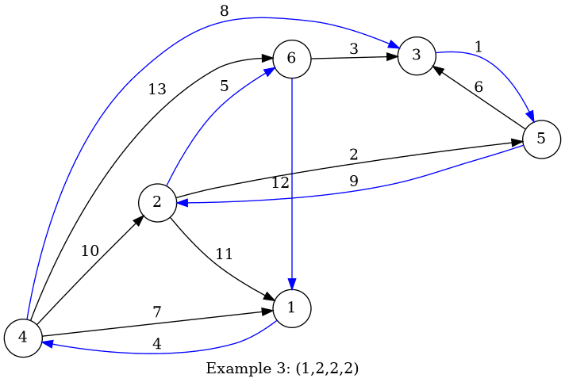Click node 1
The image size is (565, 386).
point(292,308)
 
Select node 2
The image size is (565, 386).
point(157,202)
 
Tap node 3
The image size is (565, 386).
point(416,55)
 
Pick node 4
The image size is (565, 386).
point(23,338)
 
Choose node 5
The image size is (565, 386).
point(541,139)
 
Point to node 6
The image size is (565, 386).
point(291,58)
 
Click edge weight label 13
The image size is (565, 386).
point(157,90)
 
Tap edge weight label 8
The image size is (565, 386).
point(224,11)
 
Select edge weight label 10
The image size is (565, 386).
point(90,251)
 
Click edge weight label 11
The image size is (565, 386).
point(224,254)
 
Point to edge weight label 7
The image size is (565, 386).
point(156,312)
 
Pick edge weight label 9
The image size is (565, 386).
point(354,181)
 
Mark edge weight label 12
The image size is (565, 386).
point(280,182)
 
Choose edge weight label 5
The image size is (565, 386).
point(224,86)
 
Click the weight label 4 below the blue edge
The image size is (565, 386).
point(156,344)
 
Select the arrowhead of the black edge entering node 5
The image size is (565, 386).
point(516,143)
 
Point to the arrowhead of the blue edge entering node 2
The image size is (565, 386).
point(182,203)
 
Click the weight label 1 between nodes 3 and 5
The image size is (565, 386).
point(478,47)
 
